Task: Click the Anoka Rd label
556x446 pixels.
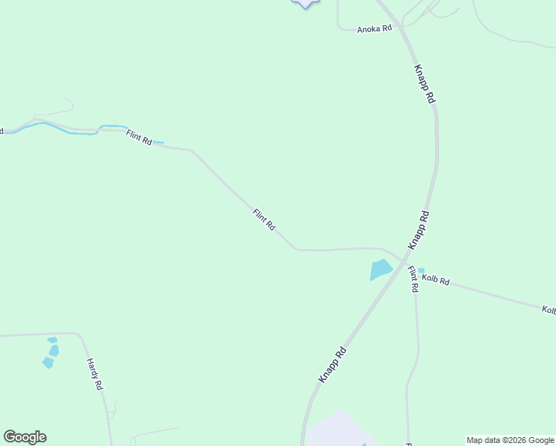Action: coord(374,29)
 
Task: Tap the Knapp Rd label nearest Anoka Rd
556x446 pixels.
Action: coord(424,83)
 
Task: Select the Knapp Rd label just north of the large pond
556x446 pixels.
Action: coord(418,229)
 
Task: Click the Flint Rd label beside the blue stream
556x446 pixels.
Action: coord(139,138)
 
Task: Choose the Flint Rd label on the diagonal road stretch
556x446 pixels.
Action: coord(264,219)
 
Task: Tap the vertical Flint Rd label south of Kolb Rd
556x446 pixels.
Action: coord(413,279)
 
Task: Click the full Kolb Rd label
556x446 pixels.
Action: coord(436,280)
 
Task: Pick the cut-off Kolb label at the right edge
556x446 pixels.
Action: coord(549,309)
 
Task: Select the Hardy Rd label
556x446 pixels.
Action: coord(94,375)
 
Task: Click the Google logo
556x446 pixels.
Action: coord(25,437)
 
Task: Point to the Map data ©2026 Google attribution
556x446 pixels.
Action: coord(511,440)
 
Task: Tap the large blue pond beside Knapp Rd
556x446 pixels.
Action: coord(381,270)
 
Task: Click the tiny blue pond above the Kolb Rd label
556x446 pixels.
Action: coord(421,271)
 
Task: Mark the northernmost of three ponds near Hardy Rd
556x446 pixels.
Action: coord(52,340)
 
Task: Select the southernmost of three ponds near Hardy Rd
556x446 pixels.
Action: coord(48,363)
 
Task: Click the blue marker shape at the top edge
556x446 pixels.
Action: coord(305,4)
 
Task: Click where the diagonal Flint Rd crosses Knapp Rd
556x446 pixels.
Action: coord(404,262)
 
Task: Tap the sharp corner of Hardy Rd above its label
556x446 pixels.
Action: coord(79,334)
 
